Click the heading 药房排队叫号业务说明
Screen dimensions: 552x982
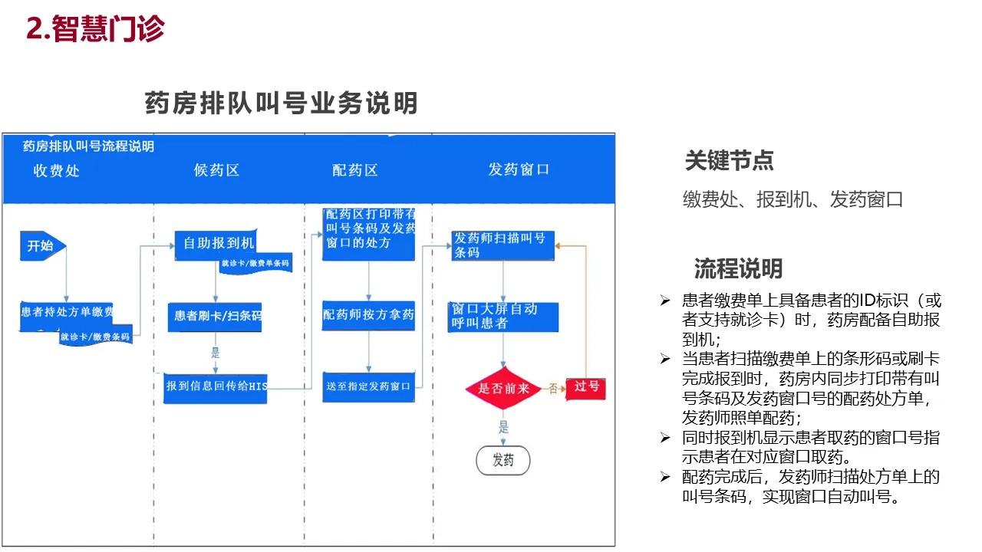[x=281, y=103]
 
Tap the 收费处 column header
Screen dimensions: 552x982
[x=57, y=170]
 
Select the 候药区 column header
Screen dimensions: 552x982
[x=217, y=170]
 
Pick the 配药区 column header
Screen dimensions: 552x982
[x=355, y=170]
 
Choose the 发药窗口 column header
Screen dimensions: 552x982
[x=519, y=169]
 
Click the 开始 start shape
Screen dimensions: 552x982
[x=42, y=246]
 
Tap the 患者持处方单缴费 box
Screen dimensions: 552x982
[x=68, y=313]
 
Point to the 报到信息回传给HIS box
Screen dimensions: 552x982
[x=216, y=387]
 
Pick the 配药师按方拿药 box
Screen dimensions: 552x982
[x=368, y=315]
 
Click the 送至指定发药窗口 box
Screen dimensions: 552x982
[x=368, y=386]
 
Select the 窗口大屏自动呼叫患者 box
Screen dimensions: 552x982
[x=503, y=317]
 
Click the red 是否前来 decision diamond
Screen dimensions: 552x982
[x=503, y=389]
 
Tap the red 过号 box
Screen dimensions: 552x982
[x=586, y=387]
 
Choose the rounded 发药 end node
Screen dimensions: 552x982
[x=503, y=461]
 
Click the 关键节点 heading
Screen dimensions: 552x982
[x=729, y=161]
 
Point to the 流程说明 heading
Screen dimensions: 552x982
[x=738, y=268]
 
